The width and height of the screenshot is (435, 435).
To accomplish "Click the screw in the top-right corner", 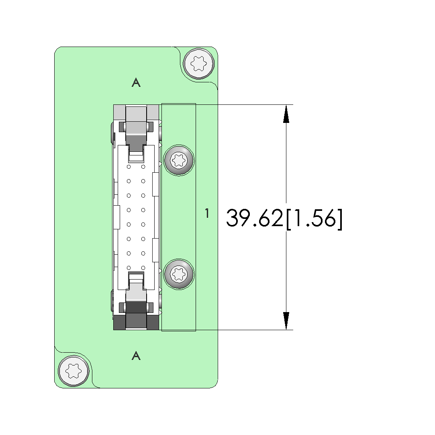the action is click(x=199, y=63).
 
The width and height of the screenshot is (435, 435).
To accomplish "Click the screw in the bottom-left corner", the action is click(x=74, y=371).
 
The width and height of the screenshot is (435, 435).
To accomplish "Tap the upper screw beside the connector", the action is click(x=179, y=160).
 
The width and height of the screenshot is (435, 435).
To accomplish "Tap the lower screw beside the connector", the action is click(x=179, y=274).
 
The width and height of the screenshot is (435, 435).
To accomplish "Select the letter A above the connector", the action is click(x=136, y=82).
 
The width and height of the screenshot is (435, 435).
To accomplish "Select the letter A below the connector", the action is click(x=136, y=355).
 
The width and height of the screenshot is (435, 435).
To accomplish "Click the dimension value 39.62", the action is click(x=254, y=218).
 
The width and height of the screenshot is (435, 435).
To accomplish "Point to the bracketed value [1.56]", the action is click(x=314, y=219).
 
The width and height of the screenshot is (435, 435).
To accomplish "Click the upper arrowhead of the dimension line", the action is click(x=286, y=113).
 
